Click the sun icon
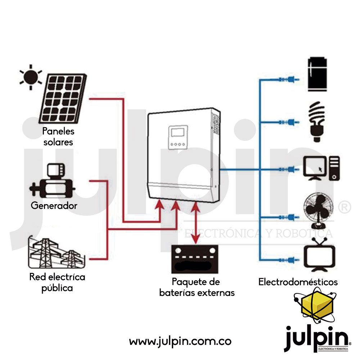click(x=31, y=77)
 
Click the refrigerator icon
click(x=317, y=74)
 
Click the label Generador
click(x=54, y=206)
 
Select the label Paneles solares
click(x=58, y=136)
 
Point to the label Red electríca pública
click(x=57, y=283)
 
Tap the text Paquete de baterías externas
click(x=197, y=287)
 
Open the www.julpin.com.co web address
click(x=180, y=341)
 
